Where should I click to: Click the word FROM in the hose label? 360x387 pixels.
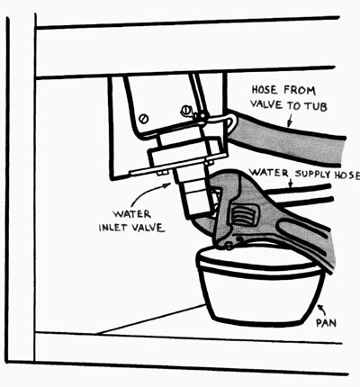300,90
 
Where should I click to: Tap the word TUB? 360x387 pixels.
316,106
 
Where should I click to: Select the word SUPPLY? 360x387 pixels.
312,174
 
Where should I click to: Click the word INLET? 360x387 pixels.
112,227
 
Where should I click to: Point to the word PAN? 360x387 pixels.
326,323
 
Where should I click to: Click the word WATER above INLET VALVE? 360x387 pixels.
131,214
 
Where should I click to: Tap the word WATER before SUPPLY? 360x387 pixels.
269,173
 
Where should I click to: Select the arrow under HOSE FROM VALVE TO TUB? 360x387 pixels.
289,121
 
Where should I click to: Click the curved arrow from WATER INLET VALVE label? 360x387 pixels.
148,193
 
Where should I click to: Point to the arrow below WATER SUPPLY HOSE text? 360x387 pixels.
290,184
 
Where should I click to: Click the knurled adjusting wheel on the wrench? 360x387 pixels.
242,215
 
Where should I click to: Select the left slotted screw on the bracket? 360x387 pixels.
144,119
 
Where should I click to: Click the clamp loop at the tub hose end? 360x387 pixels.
231,122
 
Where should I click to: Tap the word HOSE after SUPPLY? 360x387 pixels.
347,175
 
